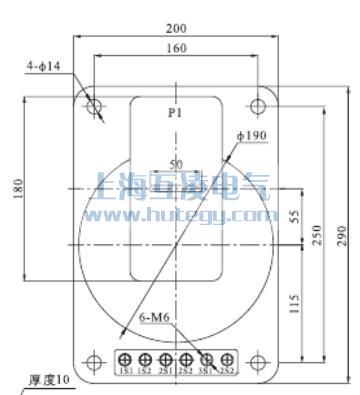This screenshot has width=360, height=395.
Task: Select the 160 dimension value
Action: click(x=177, y=48)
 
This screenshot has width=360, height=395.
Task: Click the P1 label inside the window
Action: click(x=176, y=115)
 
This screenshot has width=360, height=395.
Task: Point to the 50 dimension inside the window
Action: click(x=176, y=162)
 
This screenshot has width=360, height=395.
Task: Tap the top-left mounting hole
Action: click(x=95, y=105)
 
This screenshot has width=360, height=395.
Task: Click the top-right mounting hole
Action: click(x=259, y=105)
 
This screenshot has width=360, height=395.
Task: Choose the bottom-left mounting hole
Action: click(x=95, y=358)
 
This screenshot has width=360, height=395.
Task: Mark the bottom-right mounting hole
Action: click(x=259, y=358)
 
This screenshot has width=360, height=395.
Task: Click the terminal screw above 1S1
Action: click(x=126, y=359)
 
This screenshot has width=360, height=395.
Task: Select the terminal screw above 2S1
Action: click(x=166, y=359)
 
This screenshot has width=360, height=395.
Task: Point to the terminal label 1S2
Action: click(x=146, y=372)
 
